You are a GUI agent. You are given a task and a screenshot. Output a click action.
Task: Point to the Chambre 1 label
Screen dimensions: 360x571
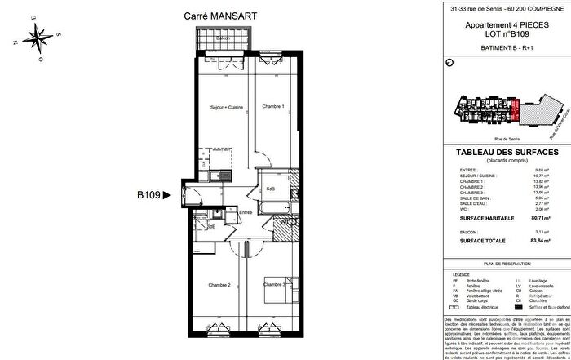[x=272, y=107]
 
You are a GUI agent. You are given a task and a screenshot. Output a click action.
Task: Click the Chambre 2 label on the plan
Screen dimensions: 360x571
[x=219, y=285]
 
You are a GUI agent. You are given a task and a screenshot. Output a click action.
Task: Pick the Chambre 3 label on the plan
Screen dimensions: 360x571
[x=275, y=285]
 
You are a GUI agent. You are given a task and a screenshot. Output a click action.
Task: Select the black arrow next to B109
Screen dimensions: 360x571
[x=168, y=195]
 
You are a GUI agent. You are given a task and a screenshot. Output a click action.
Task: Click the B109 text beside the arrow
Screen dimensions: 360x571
[x=148, y=195]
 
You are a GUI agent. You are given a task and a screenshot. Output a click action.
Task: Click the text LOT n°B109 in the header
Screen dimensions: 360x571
[x=503, y=35]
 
